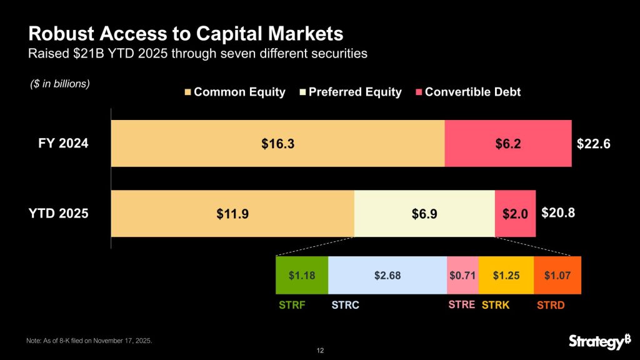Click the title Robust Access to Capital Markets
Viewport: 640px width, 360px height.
click(x=186, y=32)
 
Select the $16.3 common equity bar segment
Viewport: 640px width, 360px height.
click(x=277, y=144)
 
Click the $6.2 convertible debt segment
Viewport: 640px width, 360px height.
click(x=507, y=144)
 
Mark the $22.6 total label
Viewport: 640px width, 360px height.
click(x=592, y=144)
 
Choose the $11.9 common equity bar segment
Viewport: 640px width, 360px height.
click(x=232, y=214)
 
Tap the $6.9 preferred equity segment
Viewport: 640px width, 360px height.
click(x=424, y=214)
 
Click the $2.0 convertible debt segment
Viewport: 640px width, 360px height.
click(x=515, y=214)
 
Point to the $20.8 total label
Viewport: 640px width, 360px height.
click(x=557, y=213)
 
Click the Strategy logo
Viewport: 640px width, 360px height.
click(x=596, y=341)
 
